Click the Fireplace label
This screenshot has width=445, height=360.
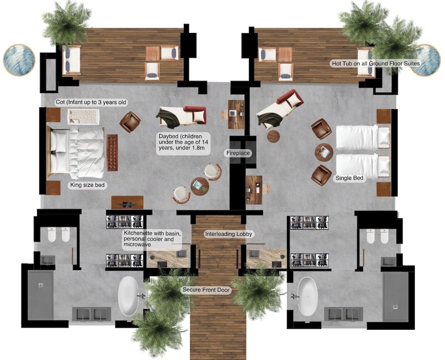point(238,153)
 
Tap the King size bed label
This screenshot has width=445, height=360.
point(87,185)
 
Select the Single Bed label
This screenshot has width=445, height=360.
point(349,178)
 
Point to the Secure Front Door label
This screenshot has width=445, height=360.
point(206,290)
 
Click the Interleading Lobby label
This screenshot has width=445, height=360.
point(228,234)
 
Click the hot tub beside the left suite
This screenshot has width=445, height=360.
point(19,60)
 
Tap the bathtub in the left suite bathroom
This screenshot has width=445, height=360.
point(128,296)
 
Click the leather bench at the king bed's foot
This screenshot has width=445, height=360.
point(112,153)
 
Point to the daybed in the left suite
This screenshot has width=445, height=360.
point(182,116)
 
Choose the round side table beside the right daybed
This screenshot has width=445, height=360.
point(274,136)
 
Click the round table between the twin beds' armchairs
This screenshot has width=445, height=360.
point(324,152)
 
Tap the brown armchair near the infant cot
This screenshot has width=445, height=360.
point(130,122)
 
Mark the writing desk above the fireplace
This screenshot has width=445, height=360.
point(236,114)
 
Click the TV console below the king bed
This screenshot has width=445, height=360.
point(127,202)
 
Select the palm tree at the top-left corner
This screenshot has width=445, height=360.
point(67,23)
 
